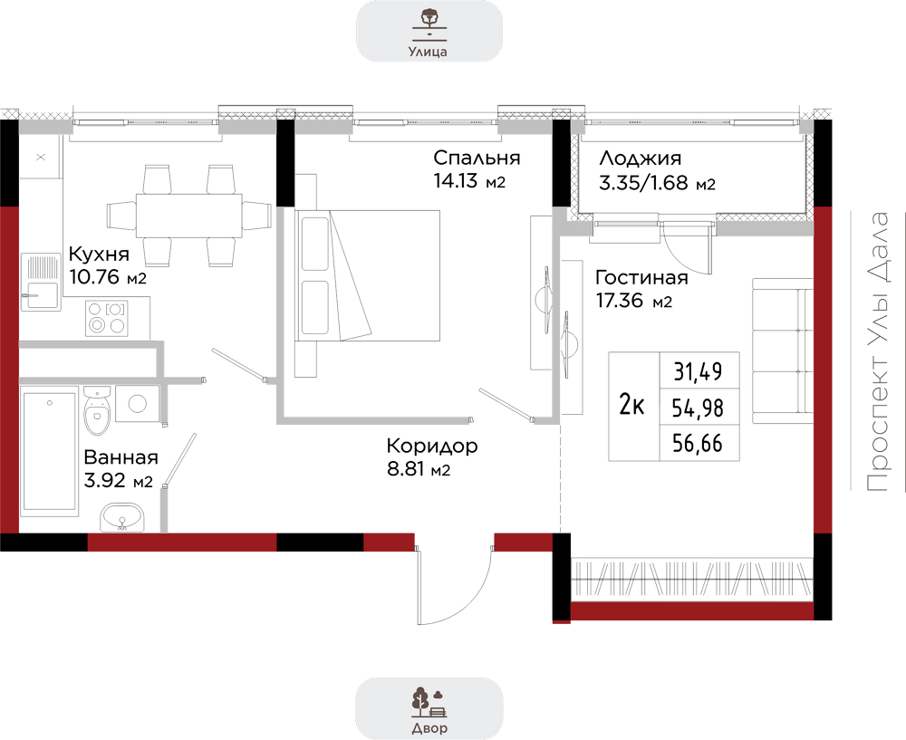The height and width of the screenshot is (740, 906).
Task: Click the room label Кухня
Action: (x=99, y=255)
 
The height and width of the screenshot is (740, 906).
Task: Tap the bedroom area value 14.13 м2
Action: (x=469, y=181)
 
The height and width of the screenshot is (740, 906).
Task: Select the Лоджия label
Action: (x=641, y=159)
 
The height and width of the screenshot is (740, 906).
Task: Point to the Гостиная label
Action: (x=642, y=278)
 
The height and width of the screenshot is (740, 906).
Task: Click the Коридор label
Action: (x=432, y=446)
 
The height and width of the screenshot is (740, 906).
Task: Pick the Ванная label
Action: (x=120, y=456)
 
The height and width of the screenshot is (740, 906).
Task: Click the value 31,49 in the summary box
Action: (x=698, y=371)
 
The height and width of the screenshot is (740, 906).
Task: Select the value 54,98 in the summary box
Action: (x=698, y=408)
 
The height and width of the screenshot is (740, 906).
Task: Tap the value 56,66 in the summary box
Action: (x=698, y=443)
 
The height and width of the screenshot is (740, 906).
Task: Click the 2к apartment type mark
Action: (x=631, y=404)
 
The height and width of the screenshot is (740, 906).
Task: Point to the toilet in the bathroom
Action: (x=97, y=410)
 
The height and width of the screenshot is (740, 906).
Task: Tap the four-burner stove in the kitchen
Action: (x=107, y=318)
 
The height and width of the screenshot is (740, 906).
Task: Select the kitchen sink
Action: (x=41, y=282)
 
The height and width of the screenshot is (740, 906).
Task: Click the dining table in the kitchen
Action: (x=189, y=216)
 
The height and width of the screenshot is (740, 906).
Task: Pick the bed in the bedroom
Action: (x=368, y=275)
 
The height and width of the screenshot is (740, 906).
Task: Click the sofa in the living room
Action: (x=783, y=351)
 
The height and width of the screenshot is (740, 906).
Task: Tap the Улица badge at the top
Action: (x=429, y=31)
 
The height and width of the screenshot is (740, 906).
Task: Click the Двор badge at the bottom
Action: (x=429, y=709)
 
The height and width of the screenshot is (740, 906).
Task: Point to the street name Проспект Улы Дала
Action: (x=878, y=352)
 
